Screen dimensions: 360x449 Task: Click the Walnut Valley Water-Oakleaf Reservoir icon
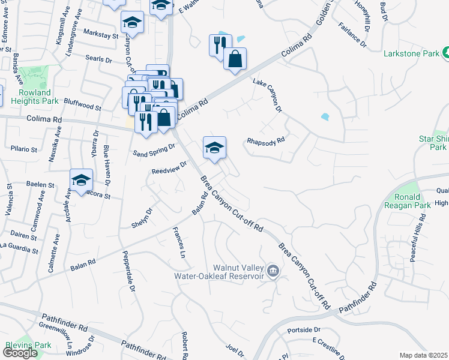point(273,271)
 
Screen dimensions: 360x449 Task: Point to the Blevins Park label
point(28,345)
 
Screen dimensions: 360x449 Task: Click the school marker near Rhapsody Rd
point(214,148)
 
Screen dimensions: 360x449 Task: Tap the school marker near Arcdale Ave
point(81,179)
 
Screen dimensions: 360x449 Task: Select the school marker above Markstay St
point(132,23)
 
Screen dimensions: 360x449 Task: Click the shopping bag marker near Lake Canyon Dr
point(235,59)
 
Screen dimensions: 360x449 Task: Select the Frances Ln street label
point(178,242)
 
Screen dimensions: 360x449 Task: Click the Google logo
point(20,353)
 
